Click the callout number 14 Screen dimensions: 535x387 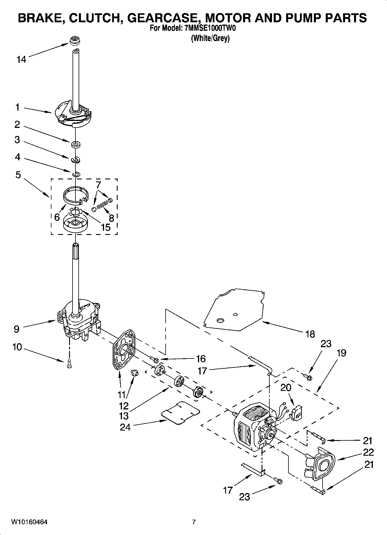[21, 60]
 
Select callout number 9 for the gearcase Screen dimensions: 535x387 [16, 329]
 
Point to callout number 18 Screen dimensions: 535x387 [310, 334]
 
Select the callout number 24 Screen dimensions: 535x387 [125, 427]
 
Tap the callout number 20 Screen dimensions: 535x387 [286, 387]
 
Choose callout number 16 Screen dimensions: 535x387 [201, 359]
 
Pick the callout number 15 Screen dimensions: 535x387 [106, 227]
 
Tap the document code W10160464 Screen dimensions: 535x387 [29, 522]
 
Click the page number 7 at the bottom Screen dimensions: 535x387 [194, 522]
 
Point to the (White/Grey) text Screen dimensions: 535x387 [210, 38]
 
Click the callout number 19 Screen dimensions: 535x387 [341, 353]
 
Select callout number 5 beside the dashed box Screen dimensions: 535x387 [18, 175]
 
